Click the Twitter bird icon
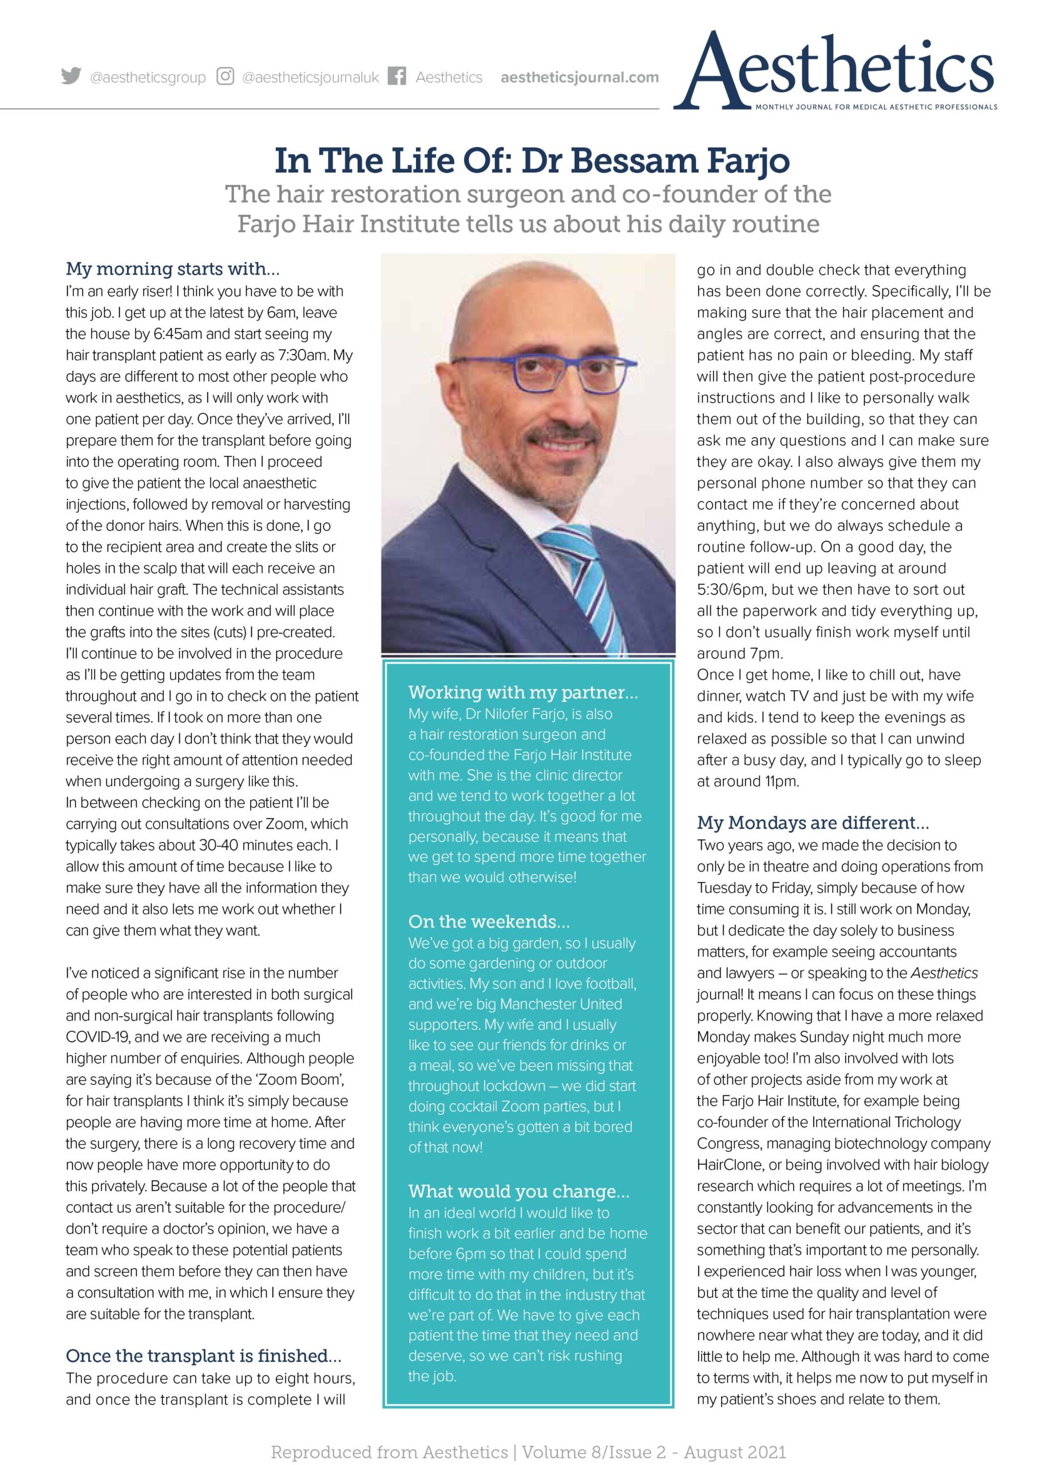pyautogui.click(x=71, y=77)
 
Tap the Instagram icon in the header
pyautogui.click(x=225, y=77)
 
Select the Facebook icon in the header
pyautogui.click(x=397, y=77)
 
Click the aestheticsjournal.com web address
pyautogui.click(x=580, y=77)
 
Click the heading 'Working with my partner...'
pyautogui.click(x=522, y=692)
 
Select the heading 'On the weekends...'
pyautogui.click(x=489, y=921)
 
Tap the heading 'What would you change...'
pyautogui.click(x=519, y=1191)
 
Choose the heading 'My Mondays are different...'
pyautogui.click(x=813, y=823)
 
